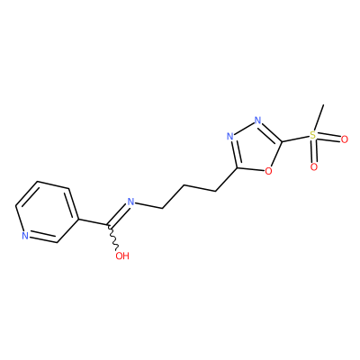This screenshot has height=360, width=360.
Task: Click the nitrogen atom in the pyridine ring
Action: click(25, 236)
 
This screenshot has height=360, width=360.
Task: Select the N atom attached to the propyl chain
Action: click(130, 202)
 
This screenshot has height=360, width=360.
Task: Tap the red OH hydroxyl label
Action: click(122, 256)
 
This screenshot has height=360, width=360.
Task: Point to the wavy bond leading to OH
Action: click(112, 238)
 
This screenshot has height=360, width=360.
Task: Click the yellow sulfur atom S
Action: click(313, 135)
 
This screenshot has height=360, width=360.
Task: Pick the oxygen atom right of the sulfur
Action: click(345, 139)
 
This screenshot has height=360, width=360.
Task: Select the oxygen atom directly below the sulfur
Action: click(314, 167)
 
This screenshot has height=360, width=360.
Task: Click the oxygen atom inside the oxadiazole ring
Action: click(268, 171)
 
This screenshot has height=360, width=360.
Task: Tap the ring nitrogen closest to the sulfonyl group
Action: click(257, 121)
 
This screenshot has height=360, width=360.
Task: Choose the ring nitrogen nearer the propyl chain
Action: click(230, 137)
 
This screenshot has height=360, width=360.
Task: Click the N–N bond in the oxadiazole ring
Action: click(244, 129)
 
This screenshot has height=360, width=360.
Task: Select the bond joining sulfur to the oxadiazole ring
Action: click(295, 139)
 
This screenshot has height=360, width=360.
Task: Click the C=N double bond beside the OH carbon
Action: click(118, 214)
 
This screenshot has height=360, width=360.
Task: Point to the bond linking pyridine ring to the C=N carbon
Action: click(93, 221)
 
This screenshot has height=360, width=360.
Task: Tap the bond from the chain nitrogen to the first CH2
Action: click(148, 205)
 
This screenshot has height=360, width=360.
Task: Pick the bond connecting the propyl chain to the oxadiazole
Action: click(226, 179)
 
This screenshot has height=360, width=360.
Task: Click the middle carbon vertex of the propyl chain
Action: click(184, 185)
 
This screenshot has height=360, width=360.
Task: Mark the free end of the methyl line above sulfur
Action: click(324, 104)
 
